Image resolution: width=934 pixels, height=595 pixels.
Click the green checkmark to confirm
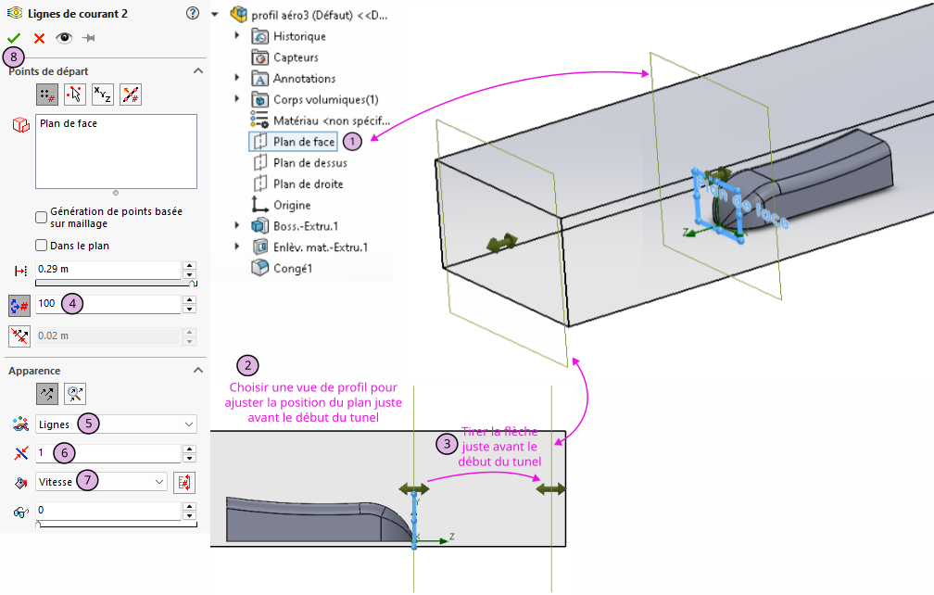point(13,38)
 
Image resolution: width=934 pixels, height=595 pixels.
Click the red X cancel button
point(39,38)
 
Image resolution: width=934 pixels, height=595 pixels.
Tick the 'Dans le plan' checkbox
point(41,246)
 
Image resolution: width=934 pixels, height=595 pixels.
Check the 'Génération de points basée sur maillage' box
point(41,218)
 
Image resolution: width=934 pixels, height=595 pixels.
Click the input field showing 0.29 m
point(107,270)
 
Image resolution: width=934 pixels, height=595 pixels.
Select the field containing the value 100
point(107,303)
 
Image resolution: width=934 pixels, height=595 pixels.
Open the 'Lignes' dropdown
point(116,424)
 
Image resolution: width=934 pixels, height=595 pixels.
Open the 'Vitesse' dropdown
point(101,482)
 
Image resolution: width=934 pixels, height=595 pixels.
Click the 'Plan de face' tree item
point(304,142)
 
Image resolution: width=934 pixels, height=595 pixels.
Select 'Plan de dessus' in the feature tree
point(309,163)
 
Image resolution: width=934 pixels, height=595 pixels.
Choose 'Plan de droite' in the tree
point(308,184)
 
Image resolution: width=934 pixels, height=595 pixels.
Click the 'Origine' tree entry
point(292,205)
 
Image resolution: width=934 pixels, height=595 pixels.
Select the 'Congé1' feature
point(293,269)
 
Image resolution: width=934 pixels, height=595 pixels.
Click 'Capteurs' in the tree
point(296,57)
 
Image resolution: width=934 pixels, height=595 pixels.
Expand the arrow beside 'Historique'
point(238,36)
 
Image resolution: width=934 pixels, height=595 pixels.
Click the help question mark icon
point(193,13)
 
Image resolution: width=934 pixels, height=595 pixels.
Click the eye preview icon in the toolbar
point(63,38)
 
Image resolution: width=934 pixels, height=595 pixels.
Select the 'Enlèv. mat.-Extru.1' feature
point(320,247)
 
